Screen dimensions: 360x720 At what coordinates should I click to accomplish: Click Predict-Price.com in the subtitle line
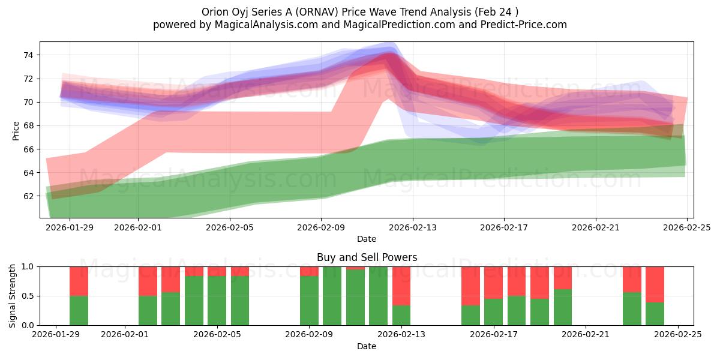click(x=519, y=25)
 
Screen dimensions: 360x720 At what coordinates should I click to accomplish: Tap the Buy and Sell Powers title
click(x=367, y=257)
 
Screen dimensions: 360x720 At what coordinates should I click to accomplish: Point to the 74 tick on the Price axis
click(x=29, y=55)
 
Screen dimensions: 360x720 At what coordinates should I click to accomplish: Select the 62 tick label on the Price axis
click(x=29, y=196)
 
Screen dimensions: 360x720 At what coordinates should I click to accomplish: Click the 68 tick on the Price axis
click(x=29, y=125)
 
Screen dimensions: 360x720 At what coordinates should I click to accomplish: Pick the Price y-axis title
click(x=16, y=130)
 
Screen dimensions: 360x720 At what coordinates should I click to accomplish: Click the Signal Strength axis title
click(x=13, y=296)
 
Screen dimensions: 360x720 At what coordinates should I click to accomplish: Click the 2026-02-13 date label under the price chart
click(x=412, y=227)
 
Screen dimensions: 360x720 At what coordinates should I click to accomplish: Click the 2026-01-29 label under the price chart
click(x=70, y=227)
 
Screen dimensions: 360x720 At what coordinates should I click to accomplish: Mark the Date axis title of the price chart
click(x=367, y=239)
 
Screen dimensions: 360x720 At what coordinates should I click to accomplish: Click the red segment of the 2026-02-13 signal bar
click(x=401, y=286)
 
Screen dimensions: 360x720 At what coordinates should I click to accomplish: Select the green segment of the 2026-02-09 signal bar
click(x=310, y=301)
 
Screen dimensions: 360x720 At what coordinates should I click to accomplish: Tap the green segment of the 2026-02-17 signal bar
click(x=493, y=312)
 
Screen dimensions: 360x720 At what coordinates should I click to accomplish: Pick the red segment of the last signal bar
click(x=655, y=284)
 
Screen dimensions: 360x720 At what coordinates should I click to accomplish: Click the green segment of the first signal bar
click(x=79, y=310)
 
